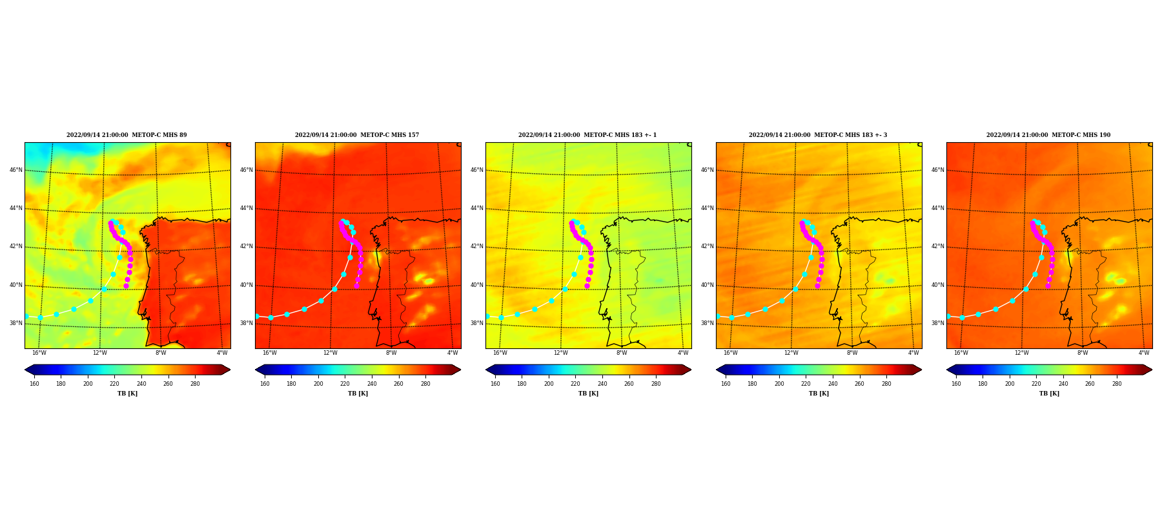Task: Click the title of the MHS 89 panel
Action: click(127, 135)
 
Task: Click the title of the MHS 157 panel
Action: click(357, 135)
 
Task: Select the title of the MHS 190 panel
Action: click(1048, 135)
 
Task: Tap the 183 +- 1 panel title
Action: click(587, 135)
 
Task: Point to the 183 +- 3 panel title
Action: click(818, 135)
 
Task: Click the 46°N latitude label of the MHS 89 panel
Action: click(16, 170)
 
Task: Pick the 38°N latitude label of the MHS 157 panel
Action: click(247, 323)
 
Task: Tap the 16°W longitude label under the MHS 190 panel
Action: click(961, 353)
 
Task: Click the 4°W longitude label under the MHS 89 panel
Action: click(222, 353)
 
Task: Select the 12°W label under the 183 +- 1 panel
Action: click(560, 353)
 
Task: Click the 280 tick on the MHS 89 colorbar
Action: click(195, 384)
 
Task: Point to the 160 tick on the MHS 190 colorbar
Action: click(956, 384)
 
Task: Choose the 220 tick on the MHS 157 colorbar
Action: click(345, 384)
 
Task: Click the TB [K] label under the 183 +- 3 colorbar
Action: click(819, 394)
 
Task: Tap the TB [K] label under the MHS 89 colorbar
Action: click(127, 394)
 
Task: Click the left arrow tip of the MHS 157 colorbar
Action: click(256, 370)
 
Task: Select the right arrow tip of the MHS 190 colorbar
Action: click(1152, 370)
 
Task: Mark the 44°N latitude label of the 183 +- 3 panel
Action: click(708, 208)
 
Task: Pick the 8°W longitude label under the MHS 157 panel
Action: click(391, 353)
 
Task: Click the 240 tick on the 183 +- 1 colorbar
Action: click(602, 384)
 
